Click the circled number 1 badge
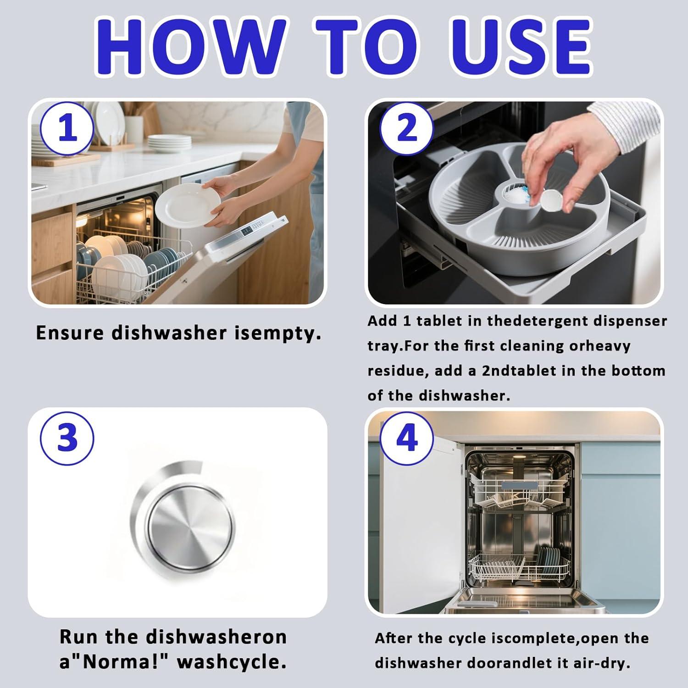click(68, 129)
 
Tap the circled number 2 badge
click(407, 129)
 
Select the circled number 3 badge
click(68, 437)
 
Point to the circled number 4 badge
click(407, 437)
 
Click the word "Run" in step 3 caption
click(78, 637)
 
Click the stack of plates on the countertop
click(169, 144)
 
